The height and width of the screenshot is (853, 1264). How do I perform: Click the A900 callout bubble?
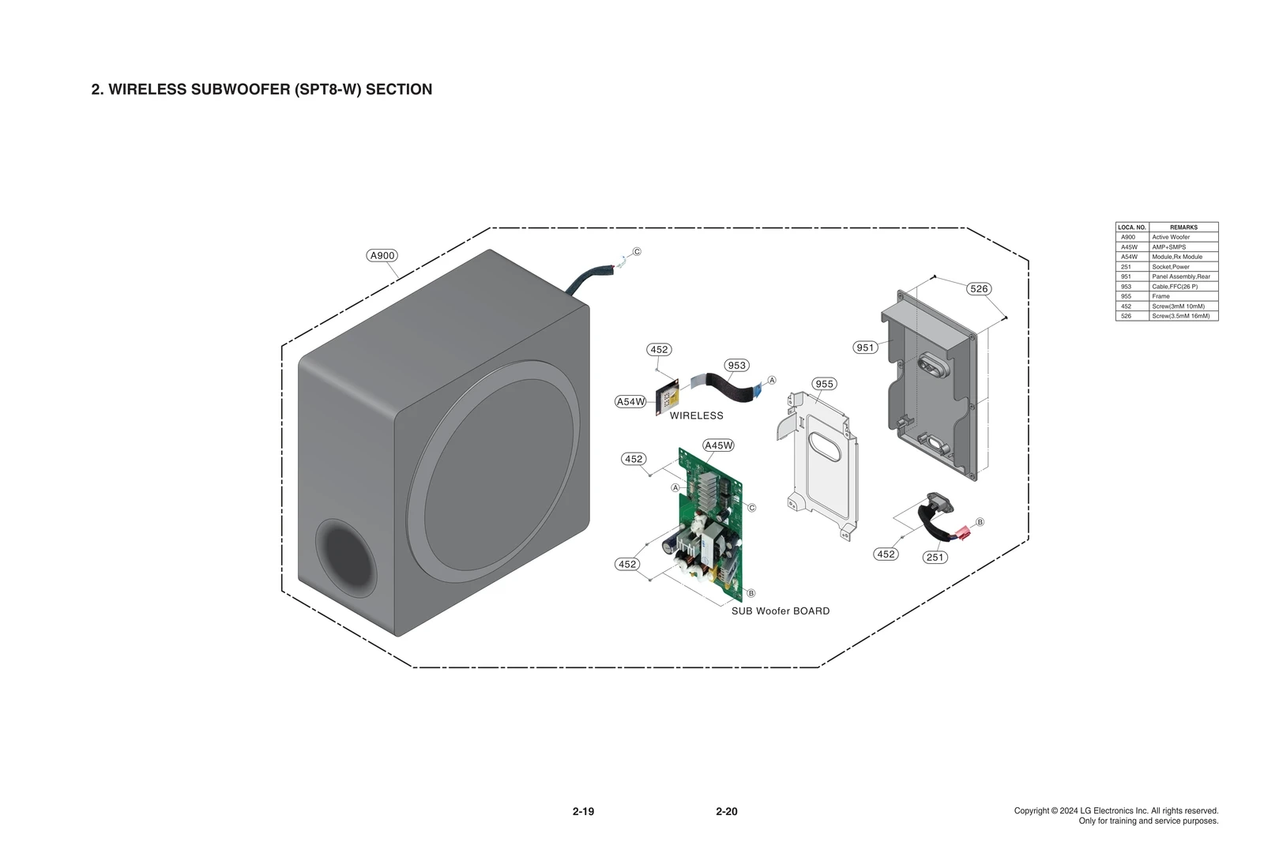382,255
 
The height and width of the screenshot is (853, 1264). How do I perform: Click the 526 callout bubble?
979,289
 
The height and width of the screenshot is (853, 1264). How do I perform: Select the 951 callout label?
865,348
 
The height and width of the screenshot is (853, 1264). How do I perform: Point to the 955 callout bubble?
824,384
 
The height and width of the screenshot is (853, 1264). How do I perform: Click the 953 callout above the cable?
736,366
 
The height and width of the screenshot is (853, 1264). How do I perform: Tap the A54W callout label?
630,402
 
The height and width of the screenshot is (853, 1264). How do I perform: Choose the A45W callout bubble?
718,445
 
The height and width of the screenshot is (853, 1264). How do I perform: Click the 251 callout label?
935,558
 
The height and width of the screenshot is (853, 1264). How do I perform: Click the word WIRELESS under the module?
696,415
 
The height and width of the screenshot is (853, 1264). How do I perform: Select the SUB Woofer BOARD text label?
780,611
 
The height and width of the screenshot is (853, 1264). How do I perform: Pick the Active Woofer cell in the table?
1171,237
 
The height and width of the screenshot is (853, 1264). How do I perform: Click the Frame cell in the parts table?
1161,296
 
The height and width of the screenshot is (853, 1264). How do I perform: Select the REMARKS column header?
1183,227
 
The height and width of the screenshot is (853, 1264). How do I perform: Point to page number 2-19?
583,811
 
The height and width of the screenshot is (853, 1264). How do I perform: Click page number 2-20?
726,811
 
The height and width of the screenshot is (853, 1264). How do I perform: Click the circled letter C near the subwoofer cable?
637,252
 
